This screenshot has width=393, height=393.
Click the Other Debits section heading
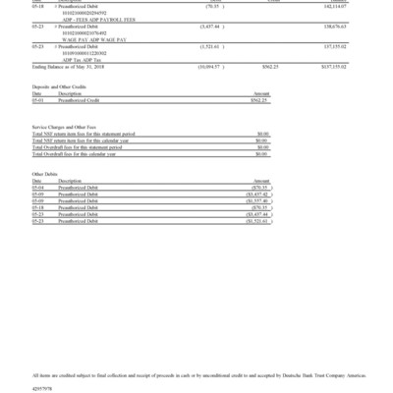coord(45,174)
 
